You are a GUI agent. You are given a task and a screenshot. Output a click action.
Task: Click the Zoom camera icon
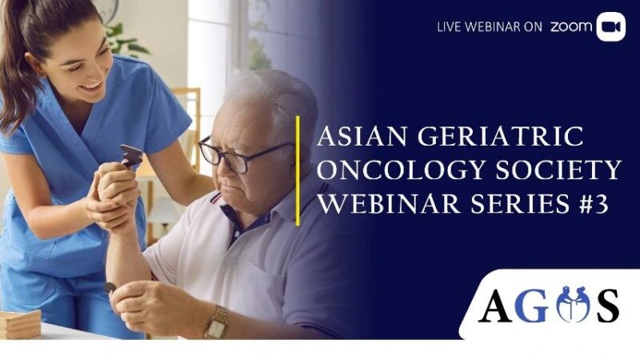click(610, 26)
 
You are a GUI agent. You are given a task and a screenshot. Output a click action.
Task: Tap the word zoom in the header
click(571, 27)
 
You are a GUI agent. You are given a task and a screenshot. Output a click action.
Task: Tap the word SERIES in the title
click(512, 204)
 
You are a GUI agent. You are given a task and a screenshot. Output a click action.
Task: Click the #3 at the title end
click(591, 204)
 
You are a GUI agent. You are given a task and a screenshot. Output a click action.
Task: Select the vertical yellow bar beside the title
click(298, 170)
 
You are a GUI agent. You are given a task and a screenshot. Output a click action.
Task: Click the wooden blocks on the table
click(19, 324)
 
